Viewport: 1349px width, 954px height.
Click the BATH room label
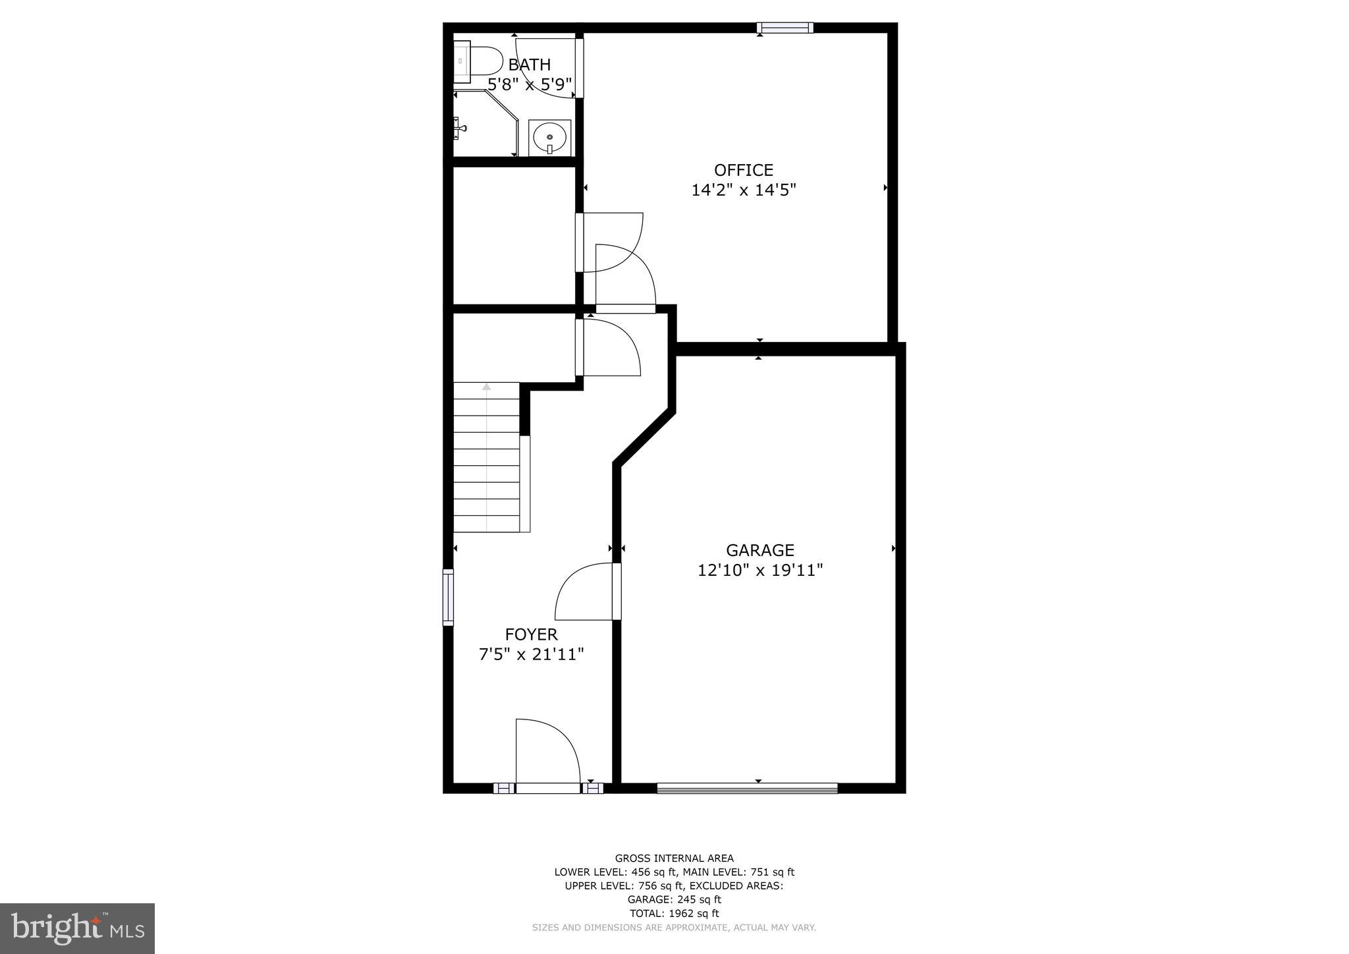(x=530, y=65)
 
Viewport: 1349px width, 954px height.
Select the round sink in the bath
(x=549, y=138)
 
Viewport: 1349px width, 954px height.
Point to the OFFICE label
(x=744, y=170)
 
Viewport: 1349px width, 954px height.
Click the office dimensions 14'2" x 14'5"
(x=744, y=190)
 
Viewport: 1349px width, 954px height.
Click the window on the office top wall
(x=785, y=28)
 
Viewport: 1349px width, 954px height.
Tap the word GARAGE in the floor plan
(x=760, y=550)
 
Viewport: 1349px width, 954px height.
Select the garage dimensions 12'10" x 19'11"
(x=760, y=570)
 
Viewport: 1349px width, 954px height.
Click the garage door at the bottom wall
(x=747, y=787)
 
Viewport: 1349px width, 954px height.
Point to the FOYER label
(x=531, y=634)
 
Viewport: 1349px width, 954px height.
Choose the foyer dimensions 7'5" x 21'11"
(x=531, y=654)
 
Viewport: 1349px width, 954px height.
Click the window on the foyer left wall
(x=448, y=597)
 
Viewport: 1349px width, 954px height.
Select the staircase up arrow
(x=487, y=387)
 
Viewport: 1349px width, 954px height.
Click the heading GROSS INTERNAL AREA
(x=674, y=858)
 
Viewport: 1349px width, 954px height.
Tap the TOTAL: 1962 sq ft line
(x=674, y=913)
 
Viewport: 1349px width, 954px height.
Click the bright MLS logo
(x=77, y=928)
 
